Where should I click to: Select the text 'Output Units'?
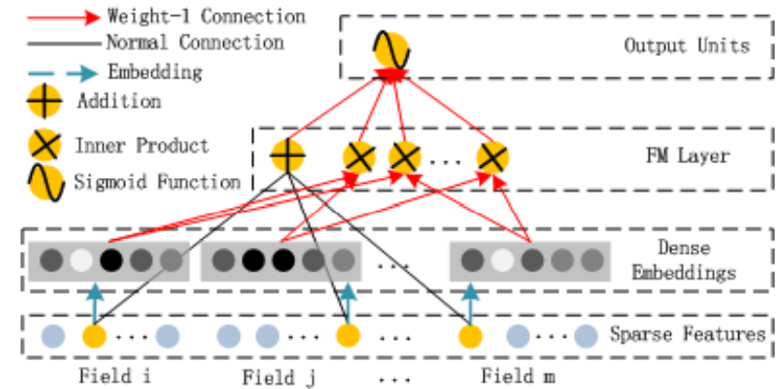(x=686, y=45)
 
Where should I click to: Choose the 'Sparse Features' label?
(x=688, y=333)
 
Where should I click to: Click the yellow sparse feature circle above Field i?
(x=92, y=335)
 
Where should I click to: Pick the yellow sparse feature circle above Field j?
(x=347, y=335)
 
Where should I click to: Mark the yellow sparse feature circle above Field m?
(x=470, y=335)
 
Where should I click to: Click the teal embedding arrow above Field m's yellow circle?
(x=470, y=300)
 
